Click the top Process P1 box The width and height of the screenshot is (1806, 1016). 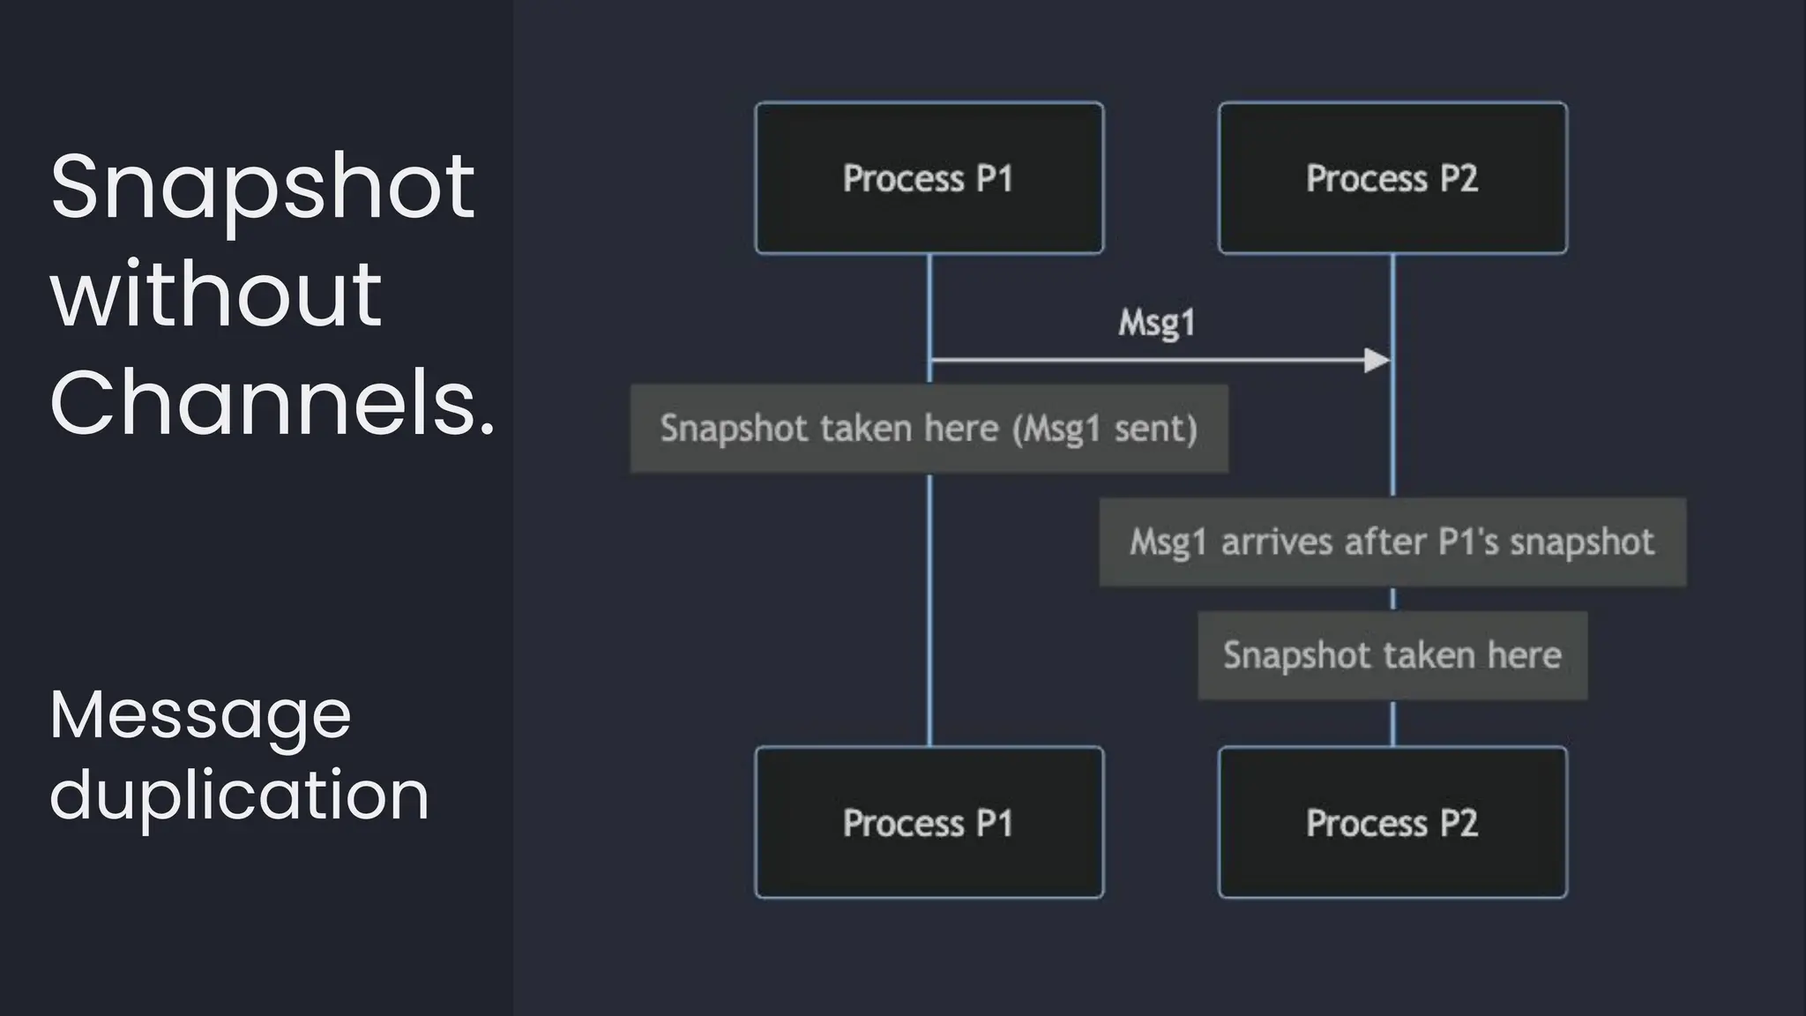pyautogui.click(x=929, y=178)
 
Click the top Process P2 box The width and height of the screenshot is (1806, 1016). pyautogui.click(x=1392, y=178)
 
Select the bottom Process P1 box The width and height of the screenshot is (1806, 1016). pyautogui.click(x=929, y=822)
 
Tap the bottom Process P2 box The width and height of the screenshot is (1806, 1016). pyautogui.click(x=1392, y=822)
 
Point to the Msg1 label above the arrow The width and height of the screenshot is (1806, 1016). pyautogui.click(x=1156, y=323)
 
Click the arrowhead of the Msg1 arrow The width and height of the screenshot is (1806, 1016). pyautogui.click(x=1377, y=360)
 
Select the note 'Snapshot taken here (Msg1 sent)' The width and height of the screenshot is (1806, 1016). pyautogui.click(x=929, y=429)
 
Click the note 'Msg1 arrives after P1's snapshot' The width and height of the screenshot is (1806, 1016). pyautogui.click(x=1392, y=542)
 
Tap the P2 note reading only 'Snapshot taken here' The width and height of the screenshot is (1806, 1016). pyautogui.click(x=1392, y=655)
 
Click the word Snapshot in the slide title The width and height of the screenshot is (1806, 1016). pyautogui.click(x=262, y=188)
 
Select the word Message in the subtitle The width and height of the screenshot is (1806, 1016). pyautogui.click(x=200, y=714)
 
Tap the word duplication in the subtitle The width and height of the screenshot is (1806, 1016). pyautogui.click(x=239, y=794)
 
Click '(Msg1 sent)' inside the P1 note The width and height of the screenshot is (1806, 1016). pyautogui.click(x=1105, y=429)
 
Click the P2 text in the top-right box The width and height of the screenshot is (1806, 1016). pyautogui.click(x=1459, y=178)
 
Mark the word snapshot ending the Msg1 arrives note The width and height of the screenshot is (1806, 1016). pyautogui.click(x=1582, y=542)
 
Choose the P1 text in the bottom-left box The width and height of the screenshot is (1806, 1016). pyautogui.click(x=995, y=822)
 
